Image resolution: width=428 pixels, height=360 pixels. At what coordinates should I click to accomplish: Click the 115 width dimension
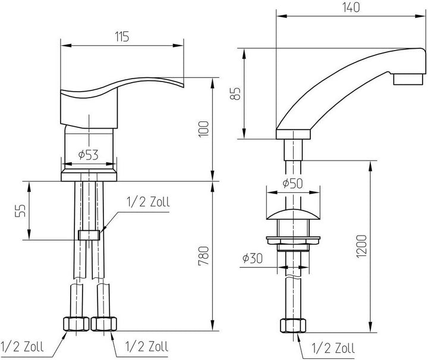122,37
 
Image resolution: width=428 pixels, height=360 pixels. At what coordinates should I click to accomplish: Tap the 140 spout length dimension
351,7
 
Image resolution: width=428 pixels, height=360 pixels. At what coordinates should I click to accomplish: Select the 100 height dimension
204,129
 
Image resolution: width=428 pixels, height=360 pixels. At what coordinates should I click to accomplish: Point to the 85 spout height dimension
235,93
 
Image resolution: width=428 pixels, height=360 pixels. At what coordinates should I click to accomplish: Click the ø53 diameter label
88,155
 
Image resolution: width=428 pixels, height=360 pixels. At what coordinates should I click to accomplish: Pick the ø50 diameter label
292,183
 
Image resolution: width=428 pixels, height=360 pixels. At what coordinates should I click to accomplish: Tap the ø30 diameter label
253,258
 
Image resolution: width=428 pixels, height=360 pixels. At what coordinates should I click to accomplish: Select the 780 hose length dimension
204,256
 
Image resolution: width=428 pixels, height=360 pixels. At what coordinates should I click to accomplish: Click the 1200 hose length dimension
361,246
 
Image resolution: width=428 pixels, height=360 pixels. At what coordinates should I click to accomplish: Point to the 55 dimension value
20,211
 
